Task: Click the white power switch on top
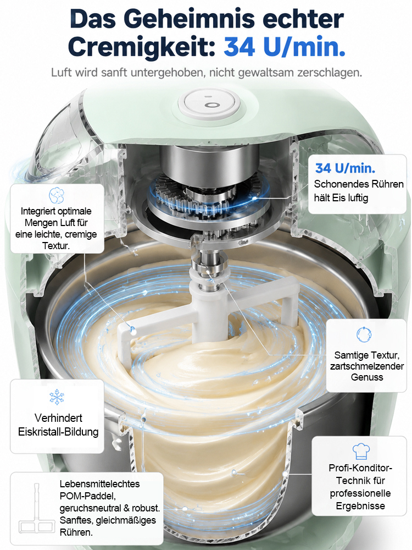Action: tap(210, 104)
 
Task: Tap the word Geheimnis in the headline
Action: tap(189, 19)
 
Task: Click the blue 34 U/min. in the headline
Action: tap(284, 47)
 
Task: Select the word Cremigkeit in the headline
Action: tap(142, 47)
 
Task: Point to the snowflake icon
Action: tap(57, 397)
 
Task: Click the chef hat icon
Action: tap(361, 451)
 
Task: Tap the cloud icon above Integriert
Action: tap(57, 195)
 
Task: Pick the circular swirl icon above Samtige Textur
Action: tap(364, 334)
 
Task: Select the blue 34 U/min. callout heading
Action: tap(345, 168)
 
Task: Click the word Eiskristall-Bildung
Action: tap(58, 432)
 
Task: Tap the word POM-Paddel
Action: tap(87, 496)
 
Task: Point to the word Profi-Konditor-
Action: tap(360, 468)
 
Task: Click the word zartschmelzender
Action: tap(367, 366)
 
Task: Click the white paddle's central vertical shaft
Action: tap(209, 309)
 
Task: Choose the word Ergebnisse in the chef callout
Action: tap(360, 506)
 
